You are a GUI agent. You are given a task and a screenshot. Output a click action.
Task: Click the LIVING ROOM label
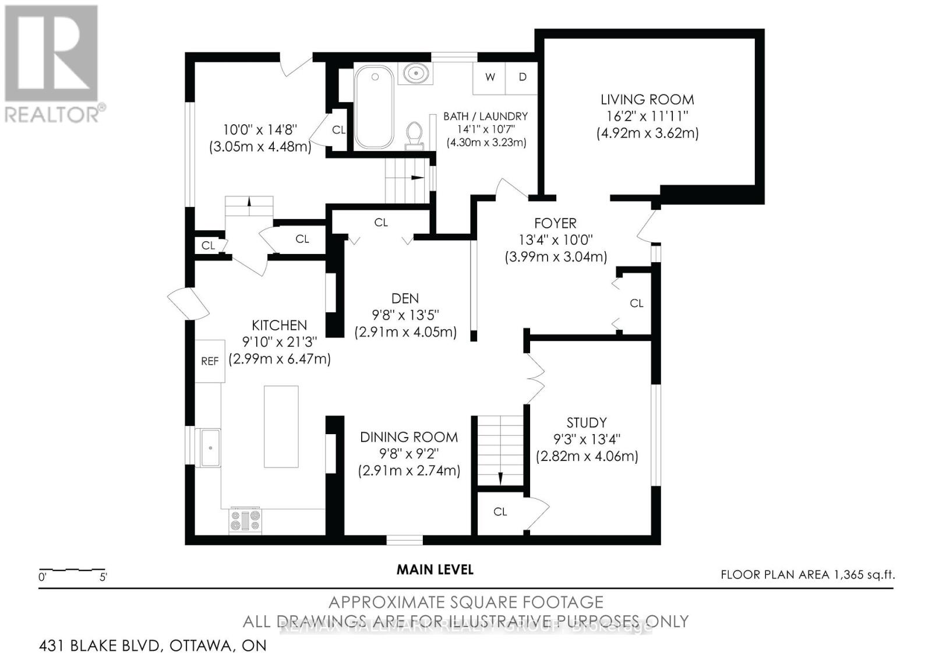[647, 100]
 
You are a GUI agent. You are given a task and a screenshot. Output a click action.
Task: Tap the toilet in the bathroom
[414, 133]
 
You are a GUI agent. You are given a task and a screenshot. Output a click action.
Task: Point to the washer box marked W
[490, 77]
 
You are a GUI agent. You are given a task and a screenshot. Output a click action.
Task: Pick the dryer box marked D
[523, 77]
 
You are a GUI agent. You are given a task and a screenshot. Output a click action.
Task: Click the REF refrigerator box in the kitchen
[210, 361]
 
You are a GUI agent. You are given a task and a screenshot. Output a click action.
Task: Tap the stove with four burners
[245, 520]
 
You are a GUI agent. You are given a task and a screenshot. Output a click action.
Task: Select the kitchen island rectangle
[281, 426]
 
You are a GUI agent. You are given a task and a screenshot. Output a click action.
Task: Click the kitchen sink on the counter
[210, 447]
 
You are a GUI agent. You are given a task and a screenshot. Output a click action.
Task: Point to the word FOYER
[556, 223]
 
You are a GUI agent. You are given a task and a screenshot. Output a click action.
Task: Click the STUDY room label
[587, 422]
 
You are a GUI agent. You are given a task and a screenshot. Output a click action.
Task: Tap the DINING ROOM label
[409, 437]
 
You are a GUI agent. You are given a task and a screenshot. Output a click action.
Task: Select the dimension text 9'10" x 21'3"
[280, 342]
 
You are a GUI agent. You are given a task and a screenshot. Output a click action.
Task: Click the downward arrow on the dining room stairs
[500, 478]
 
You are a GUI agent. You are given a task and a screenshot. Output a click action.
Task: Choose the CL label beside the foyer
[637, 304]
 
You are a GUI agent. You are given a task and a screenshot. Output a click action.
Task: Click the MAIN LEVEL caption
[435, 569]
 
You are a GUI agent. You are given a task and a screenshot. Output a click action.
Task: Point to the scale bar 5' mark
[104, 577]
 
